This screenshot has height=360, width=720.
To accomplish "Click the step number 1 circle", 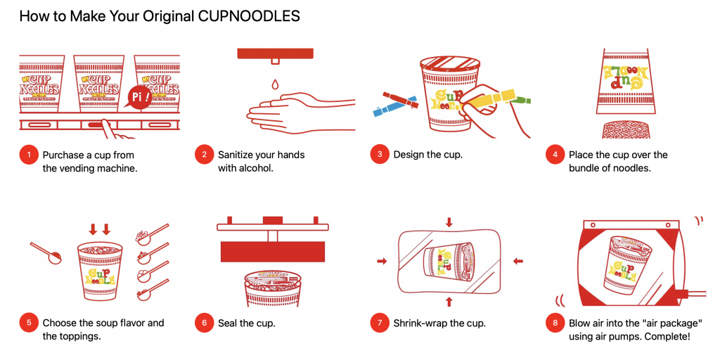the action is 29,155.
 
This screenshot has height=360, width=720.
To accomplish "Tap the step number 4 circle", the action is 555,155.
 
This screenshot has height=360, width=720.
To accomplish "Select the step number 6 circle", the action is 205,323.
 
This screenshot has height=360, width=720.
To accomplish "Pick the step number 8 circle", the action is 555,323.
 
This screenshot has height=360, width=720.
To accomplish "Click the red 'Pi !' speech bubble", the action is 139,97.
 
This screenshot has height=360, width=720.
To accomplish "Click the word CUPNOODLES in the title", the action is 249,16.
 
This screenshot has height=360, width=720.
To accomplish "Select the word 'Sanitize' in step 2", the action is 236,155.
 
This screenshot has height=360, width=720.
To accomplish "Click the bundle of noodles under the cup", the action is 625,129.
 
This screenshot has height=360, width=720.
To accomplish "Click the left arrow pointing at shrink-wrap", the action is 382,262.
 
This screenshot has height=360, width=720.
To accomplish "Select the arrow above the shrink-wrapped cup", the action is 449,222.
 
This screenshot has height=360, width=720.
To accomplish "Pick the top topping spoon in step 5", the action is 152,233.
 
